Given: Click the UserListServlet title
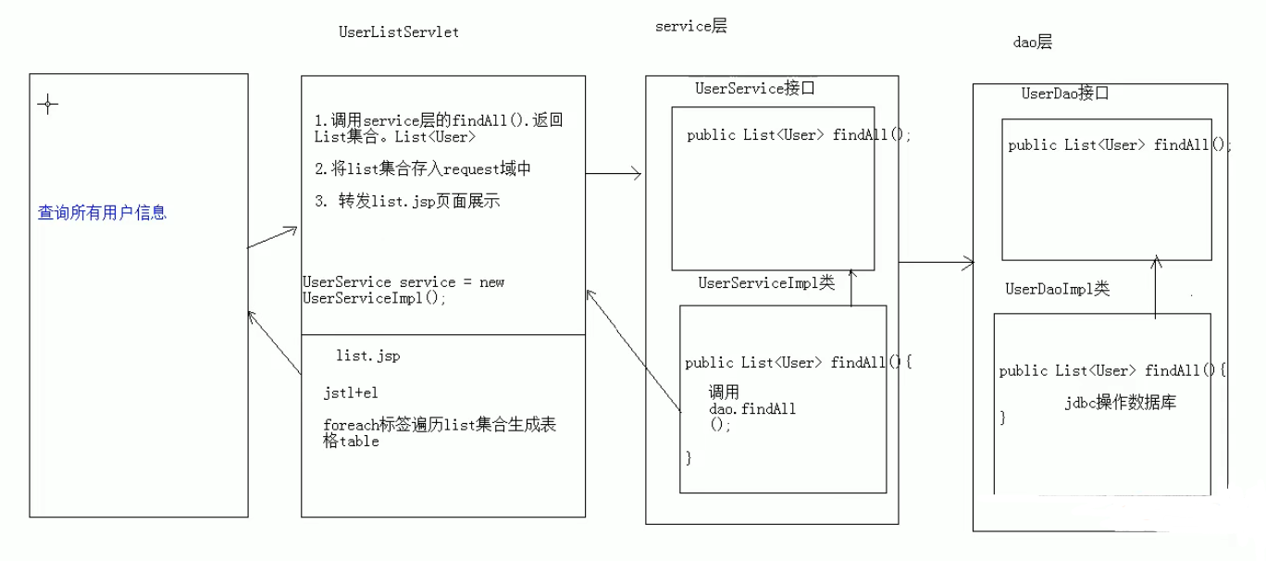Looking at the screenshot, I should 399,32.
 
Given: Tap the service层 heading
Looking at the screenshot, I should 690,27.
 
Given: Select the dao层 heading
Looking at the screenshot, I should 1034,43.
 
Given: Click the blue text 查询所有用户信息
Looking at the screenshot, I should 102,213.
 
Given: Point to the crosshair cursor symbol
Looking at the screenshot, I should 47,105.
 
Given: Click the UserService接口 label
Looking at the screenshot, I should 754,89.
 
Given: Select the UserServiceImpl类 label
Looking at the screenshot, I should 766,283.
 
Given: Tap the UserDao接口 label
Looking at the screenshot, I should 1065,93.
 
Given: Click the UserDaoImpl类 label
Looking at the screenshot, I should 1057,290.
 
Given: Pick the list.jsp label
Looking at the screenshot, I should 367,355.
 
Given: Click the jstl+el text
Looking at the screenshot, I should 350,393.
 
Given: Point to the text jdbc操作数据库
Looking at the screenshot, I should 1120,404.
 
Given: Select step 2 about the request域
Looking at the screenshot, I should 423,168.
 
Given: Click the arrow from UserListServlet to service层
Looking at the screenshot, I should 614,173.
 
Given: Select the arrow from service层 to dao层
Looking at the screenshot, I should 937,262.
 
